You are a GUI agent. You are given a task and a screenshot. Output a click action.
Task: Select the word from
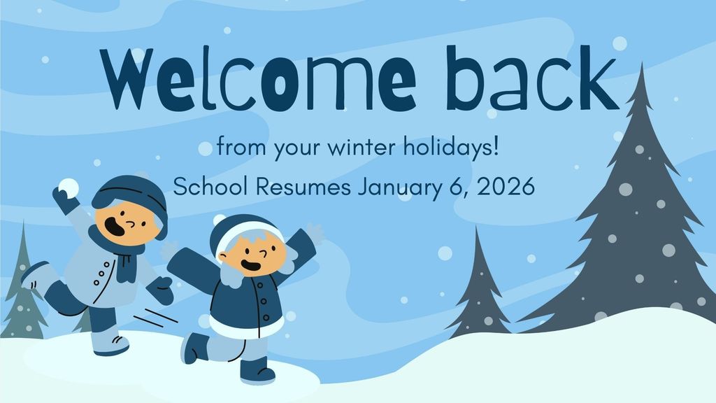[x=233, y=149]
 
